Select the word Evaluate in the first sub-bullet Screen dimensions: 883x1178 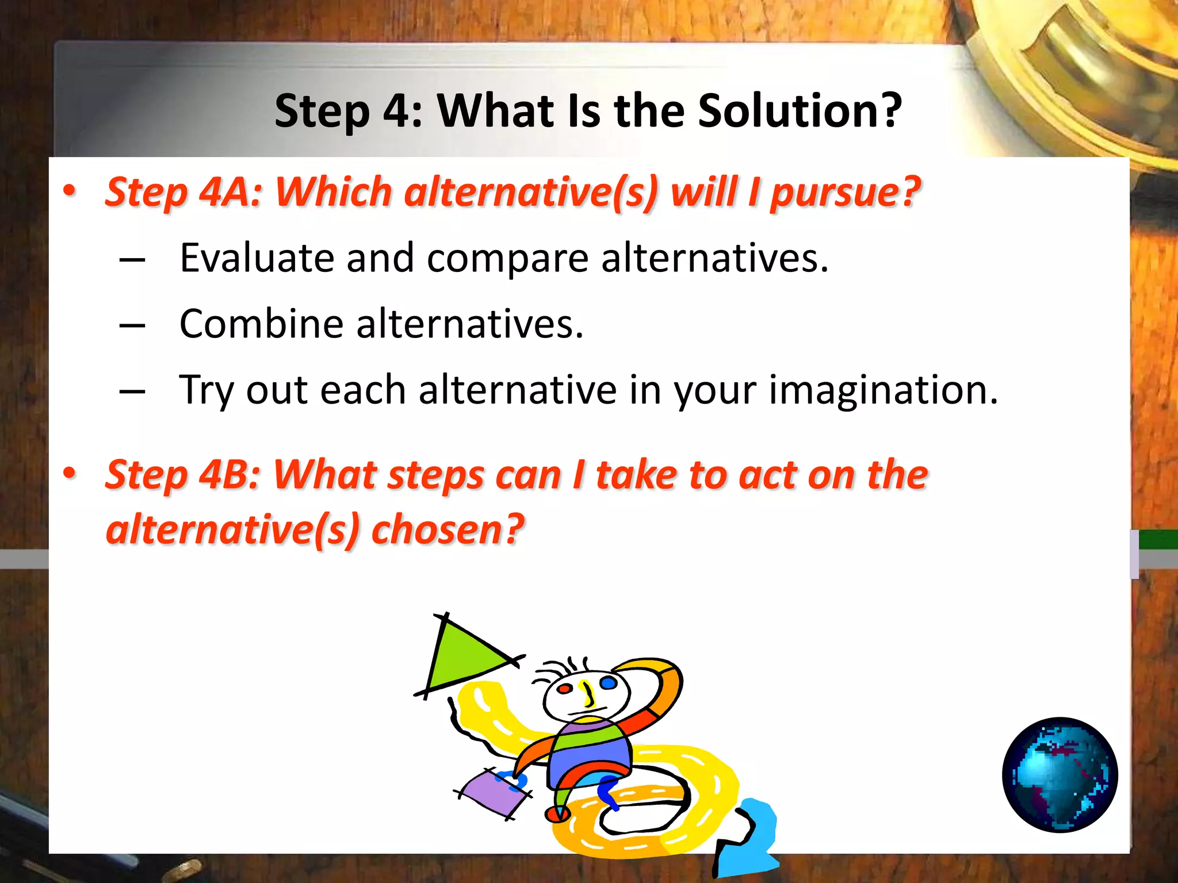pos(257,258)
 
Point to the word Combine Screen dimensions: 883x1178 pos(261,324)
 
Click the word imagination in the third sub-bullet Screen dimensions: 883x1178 pos(883,390)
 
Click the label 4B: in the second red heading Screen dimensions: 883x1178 pos(230,475)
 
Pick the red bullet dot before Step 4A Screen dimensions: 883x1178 pos(70,190)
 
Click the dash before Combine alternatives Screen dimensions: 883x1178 pos(132,325)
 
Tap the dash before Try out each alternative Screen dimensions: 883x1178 pos(132,391)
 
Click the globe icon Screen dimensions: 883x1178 pos(1060,774)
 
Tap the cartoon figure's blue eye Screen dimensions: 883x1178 pos(608,683)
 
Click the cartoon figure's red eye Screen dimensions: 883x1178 pos(565,688)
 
